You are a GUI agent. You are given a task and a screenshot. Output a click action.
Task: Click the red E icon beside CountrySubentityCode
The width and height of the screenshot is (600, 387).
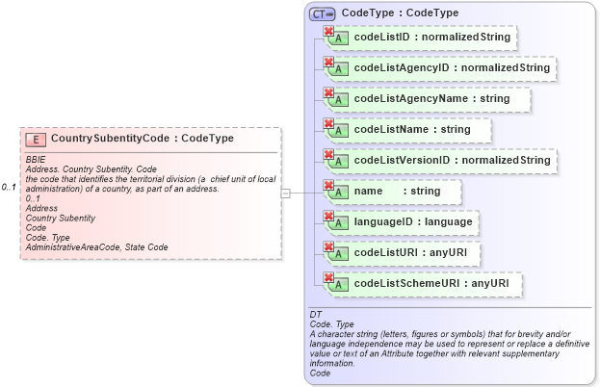(38, 140)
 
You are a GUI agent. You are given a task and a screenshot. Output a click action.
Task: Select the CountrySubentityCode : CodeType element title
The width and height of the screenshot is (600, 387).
(142, 139)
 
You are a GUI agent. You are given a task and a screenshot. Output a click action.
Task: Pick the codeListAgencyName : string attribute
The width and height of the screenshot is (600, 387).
(431, 99)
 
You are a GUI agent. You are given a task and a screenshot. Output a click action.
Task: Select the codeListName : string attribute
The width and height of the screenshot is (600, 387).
(411, 130)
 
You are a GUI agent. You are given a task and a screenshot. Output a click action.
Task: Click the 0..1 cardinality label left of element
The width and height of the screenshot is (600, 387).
(9, 187)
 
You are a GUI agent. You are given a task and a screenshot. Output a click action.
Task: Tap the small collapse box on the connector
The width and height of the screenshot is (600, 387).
(285, 193)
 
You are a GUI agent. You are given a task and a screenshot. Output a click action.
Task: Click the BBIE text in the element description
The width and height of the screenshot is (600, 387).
(36, 160)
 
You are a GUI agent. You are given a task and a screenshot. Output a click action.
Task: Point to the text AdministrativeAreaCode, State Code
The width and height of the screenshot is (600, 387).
(96, 247)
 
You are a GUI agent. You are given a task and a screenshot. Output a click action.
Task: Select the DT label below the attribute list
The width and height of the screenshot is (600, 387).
(314, 315)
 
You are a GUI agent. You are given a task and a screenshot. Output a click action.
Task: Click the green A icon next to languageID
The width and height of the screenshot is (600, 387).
(340, 224)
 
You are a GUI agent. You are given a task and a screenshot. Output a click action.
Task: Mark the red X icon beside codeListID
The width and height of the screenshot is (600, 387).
(328, 32)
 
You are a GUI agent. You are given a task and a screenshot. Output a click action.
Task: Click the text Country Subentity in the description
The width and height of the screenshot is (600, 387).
(60, 218)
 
